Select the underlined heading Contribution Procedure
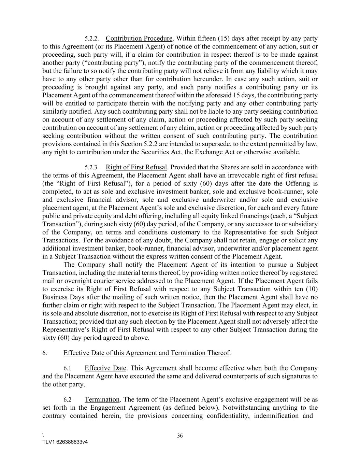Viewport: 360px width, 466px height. (139, 38)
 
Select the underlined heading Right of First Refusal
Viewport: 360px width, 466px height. (136, 167)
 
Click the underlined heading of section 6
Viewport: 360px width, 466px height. (146, 353)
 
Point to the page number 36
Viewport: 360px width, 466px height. (180, 436)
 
